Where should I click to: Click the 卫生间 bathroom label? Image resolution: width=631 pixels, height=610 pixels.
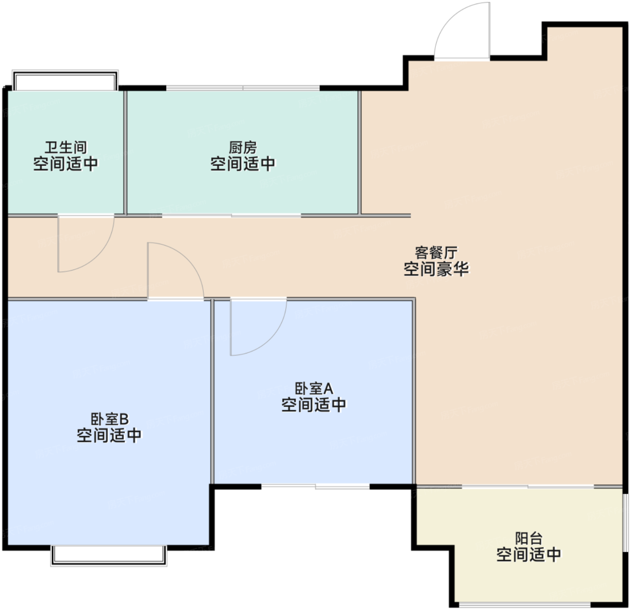coord(65,147)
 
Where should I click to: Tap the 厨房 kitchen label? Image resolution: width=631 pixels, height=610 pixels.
coord(243,147)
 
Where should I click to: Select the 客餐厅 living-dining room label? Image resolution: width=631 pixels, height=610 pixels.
coord(436,252)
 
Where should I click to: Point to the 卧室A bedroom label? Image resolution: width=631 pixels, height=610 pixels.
coord(314,388)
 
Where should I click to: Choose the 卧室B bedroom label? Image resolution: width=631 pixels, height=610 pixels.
coord(110,419)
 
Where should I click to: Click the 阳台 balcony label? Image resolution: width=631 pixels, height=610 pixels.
coord(529,538)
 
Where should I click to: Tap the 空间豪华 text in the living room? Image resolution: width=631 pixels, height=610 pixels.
coord(436,269)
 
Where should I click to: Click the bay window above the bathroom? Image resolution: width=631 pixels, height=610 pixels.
coord(65,80)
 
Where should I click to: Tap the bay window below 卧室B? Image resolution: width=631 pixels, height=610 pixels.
coord(109,555)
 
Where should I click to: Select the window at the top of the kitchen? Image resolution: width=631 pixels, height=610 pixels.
coord(243,88)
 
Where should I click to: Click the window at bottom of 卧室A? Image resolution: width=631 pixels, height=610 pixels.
coord(315,486)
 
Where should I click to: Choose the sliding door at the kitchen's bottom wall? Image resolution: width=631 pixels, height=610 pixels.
coord(232,216)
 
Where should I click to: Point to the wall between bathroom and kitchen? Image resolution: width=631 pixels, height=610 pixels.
coord(125,152)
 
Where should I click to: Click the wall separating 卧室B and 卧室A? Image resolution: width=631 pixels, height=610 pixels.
coord(212,392)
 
